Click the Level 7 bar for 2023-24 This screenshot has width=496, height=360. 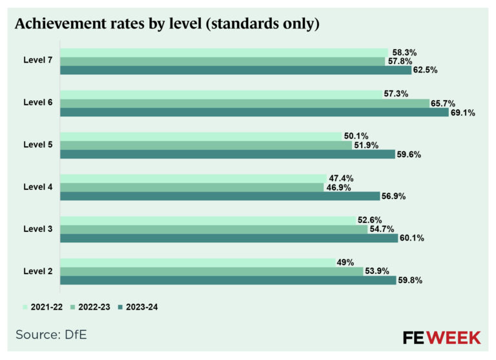[x=236, y=70]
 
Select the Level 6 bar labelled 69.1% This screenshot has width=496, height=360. [x=254, y=112]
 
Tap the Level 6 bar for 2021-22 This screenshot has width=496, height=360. [x=220, y=94]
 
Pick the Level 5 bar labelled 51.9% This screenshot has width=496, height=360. [x=206, y=145]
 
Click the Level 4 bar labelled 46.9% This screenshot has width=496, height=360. [x=192, y=187]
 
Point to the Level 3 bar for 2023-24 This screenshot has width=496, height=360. [x=229, y=238]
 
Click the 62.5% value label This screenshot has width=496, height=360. [x=425, y=70]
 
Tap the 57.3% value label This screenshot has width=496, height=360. [x=396, y=94]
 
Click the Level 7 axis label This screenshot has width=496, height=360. [x=37, y=61]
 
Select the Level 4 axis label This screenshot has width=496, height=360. [x=37, y=187]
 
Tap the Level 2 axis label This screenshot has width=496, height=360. [x=37, y=271]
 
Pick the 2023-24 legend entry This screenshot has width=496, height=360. [x=136, y=307]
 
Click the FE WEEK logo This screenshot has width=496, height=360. [x=441, y=337]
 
